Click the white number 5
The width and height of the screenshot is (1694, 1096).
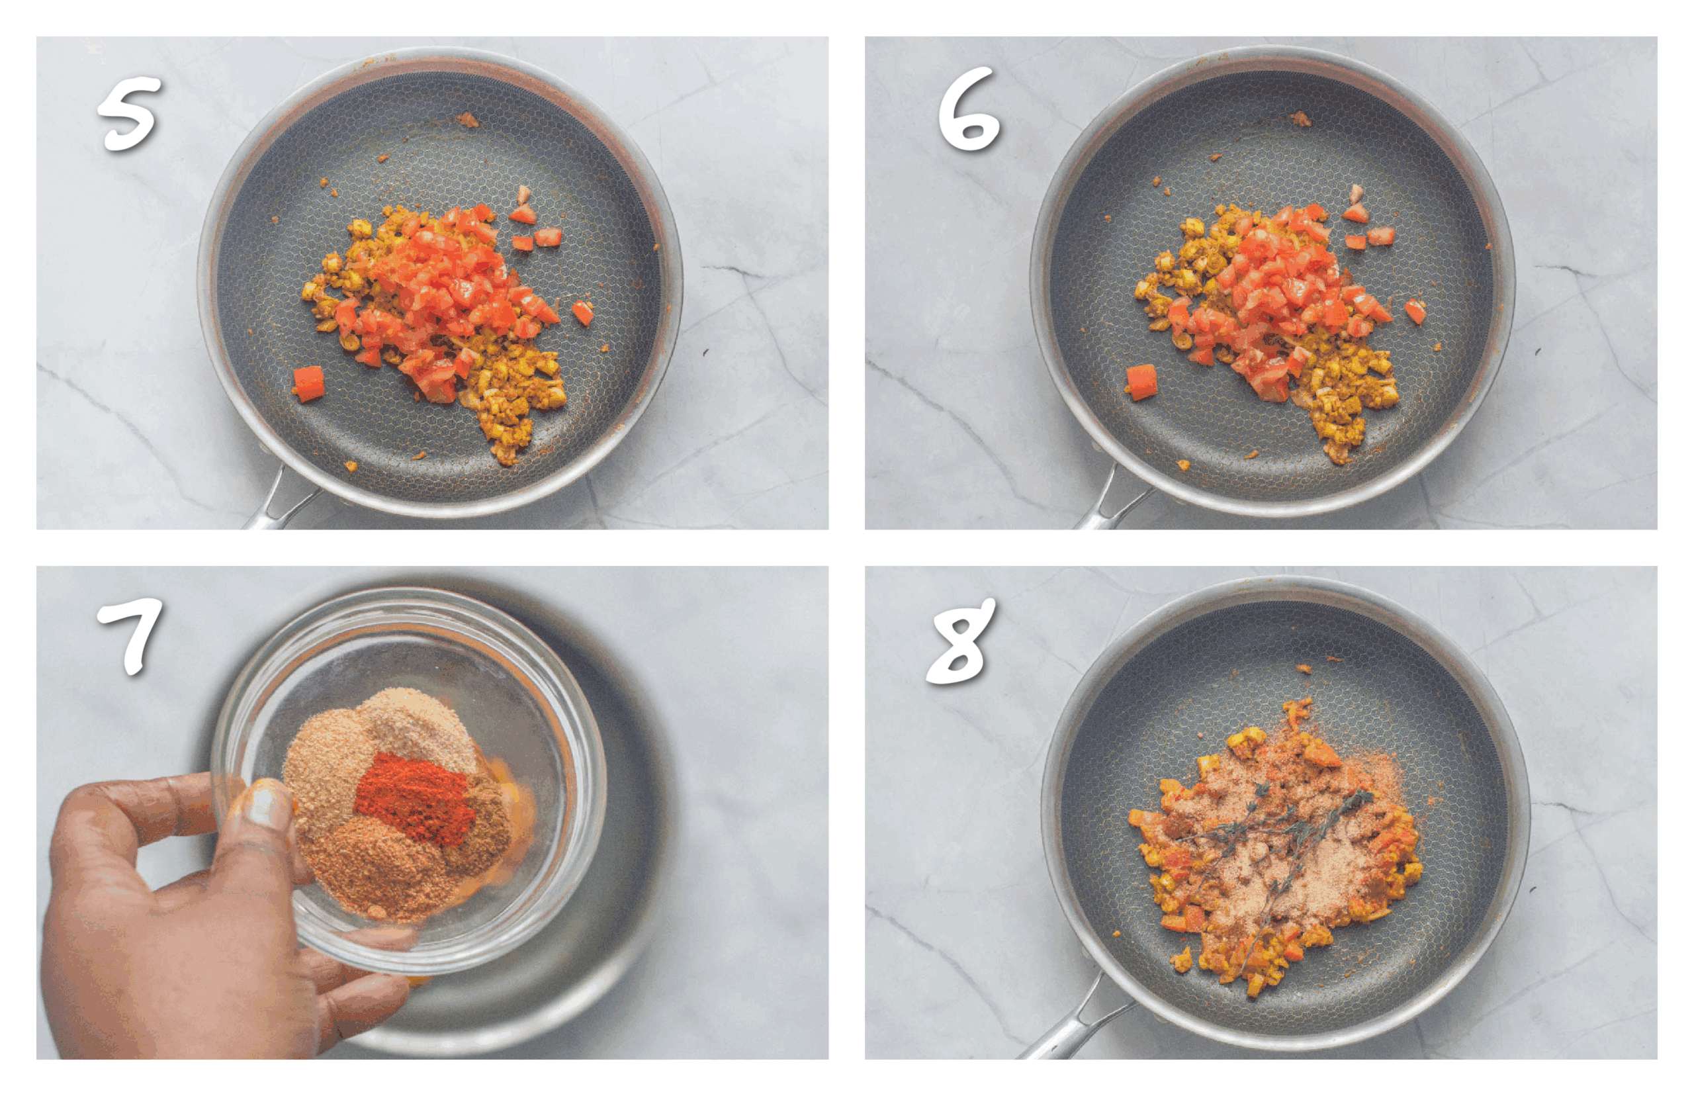coord(129,114)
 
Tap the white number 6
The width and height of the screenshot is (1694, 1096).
coord(968,110)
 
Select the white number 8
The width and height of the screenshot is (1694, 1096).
coord(960,641)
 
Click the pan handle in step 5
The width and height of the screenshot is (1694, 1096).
coord(281,498)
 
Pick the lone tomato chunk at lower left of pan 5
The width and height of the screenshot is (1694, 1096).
coord(309,384)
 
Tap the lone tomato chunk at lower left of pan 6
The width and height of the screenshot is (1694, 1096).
coord(1141,381)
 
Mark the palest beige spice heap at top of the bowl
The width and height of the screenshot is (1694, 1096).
coord(420,726)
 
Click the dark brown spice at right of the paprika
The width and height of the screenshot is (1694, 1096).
coord(484,825)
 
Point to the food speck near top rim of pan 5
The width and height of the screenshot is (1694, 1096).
coord(467,120)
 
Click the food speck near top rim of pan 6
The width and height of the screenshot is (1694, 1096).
coord(1300,119)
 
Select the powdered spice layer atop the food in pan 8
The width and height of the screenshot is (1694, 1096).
coord(1274,847)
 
